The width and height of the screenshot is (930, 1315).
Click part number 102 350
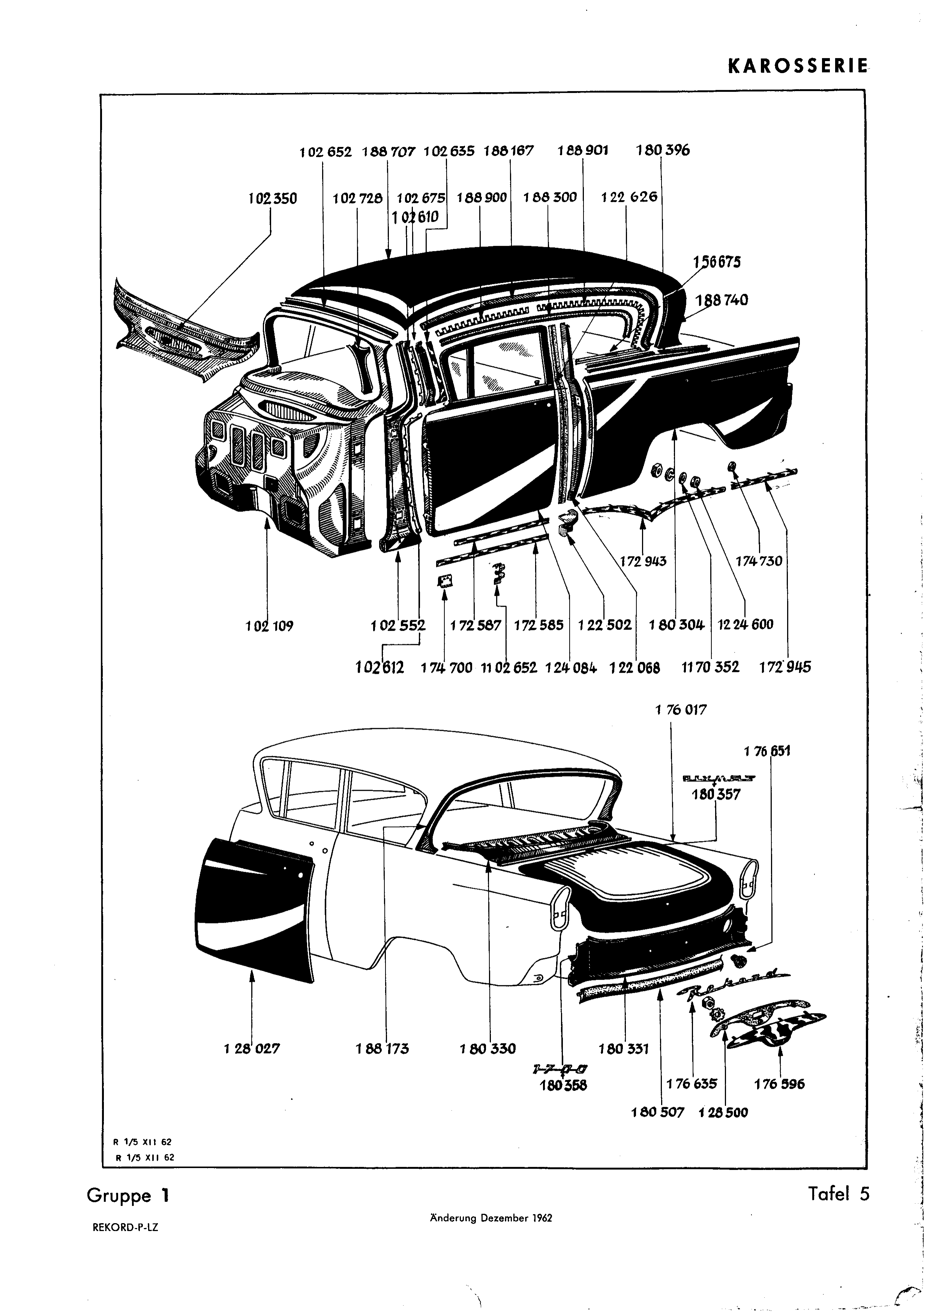(x=273, y=199)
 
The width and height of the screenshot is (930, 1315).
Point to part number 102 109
(x=269, y=626)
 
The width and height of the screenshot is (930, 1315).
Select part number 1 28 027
(x=252, y=1049)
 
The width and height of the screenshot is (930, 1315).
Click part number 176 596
(x=779, y=1084)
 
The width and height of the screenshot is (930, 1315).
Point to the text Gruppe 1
(x=128, y=1196)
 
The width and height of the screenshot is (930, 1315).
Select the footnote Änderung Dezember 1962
(x=490, y=1218)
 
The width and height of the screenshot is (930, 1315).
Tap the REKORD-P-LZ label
(x=125, y=1228)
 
